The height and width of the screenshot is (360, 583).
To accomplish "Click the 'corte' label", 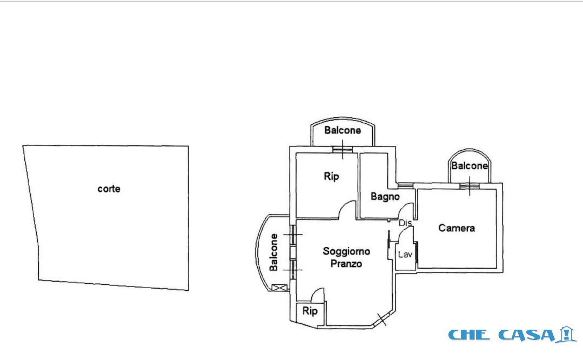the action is [109, 189].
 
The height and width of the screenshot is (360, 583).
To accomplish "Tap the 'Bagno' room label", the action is [385, 196].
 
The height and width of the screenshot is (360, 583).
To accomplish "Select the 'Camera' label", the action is [457, 228].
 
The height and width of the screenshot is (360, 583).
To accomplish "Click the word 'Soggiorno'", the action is [346, 251].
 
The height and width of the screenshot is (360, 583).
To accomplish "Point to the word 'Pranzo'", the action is [346, 264].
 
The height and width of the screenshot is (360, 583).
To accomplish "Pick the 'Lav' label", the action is [405, 255].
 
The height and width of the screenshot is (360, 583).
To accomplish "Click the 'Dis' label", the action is [405, 223].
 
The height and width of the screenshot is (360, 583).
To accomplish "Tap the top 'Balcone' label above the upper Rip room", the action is [343, 130].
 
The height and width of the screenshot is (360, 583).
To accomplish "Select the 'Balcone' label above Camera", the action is [470, 166].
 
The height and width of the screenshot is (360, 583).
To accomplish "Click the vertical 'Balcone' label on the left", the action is [273, 252].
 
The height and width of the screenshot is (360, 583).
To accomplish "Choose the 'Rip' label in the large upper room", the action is [331, 176].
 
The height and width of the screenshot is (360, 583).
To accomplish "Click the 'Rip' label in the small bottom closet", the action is [310, 310].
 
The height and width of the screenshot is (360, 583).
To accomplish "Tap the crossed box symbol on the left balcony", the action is [279, 288].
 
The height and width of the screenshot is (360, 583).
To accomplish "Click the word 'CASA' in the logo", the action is [527, 335].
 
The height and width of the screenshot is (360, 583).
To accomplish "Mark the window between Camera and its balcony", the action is [469, 186].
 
